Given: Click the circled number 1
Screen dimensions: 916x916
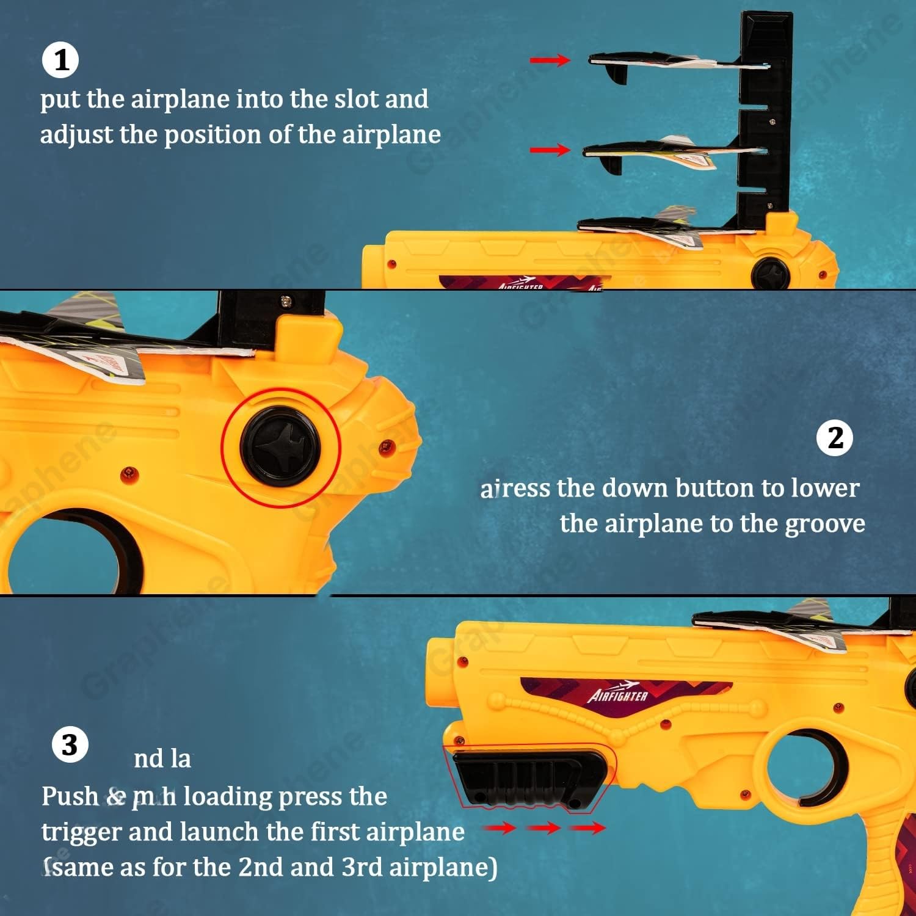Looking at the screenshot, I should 60,60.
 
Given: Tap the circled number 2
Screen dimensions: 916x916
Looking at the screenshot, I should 835,438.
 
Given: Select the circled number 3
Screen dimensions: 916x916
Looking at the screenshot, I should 70,745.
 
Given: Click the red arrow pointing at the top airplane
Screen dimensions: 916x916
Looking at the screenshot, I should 550,60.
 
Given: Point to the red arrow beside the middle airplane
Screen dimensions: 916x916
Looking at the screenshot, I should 550,150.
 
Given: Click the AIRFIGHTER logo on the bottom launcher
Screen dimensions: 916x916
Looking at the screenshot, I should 618,694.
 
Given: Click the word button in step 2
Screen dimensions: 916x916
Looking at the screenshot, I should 715,489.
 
